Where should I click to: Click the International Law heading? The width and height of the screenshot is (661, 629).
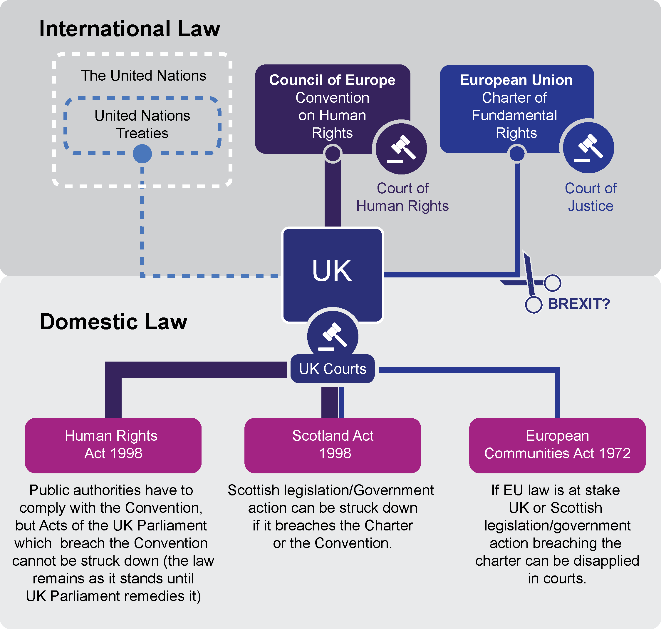pos(130,29)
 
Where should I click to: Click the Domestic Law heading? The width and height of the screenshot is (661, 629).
pos(113,322)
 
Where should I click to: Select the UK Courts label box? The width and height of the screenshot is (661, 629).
pos(332,369)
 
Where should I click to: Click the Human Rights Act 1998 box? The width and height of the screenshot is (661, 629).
pos(113,445)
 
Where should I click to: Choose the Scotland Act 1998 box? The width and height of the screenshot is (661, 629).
pos(333,445)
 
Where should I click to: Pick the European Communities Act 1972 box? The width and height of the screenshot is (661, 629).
pos(557,445)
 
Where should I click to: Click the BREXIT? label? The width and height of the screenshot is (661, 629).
pos(579,304)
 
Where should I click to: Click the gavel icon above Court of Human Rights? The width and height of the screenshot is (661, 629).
pos(401,149)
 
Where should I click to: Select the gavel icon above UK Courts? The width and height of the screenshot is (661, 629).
pos(333,336)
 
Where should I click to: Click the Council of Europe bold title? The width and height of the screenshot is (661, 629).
pos(332,80)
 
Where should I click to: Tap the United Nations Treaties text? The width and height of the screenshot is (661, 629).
pos(142,124)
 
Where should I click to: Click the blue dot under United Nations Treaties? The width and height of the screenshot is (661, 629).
pos(142,154)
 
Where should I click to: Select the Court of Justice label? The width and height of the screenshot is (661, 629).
pos(591,197)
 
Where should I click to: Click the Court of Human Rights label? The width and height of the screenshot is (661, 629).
pos(402,197)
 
